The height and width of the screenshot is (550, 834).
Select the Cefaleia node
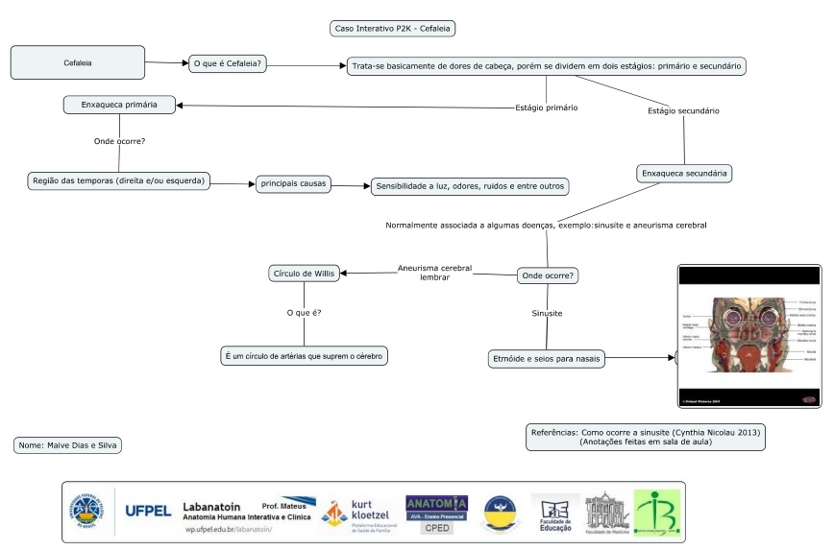pyautogui.click(x=78, y=62)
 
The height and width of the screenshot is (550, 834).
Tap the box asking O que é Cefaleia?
pyautogui.click(x=229, y=63)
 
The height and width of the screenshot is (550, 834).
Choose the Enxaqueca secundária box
pyautogui.click(x=685, y=174)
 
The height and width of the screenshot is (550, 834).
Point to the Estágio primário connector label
pyautogui.click(x=546, y=108)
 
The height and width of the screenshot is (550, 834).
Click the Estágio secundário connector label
pyautogui.click(x=683, y=111)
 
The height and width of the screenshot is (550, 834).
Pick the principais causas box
pyautogui.click(x=294, y=181)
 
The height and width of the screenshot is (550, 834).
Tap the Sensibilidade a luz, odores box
pyautogui.click(x=470, y=186)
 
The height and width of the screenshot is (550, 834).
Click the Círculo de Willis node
pyautogui.click(x=304, y=274)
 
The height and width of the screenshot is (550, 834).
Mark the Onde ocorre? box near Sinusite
pyautogui.click(x=547, y=275)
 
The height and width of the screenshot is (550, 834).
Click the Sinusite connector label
pyautogui.click(x=547, y=314)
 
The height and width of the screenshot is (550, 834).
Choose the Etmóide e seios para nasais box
pyautogui.click(x=547, y=358)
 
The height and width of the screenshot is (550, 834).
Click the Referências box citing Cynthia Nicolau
pyautogui.click(x=646, y=437)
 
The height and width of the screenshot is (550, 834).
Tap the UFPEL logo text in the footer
pyautogui.click(x=149, y=510)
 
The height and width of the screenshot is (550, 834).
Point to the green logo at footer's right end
pyautogui.click(x=656, y=512)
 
